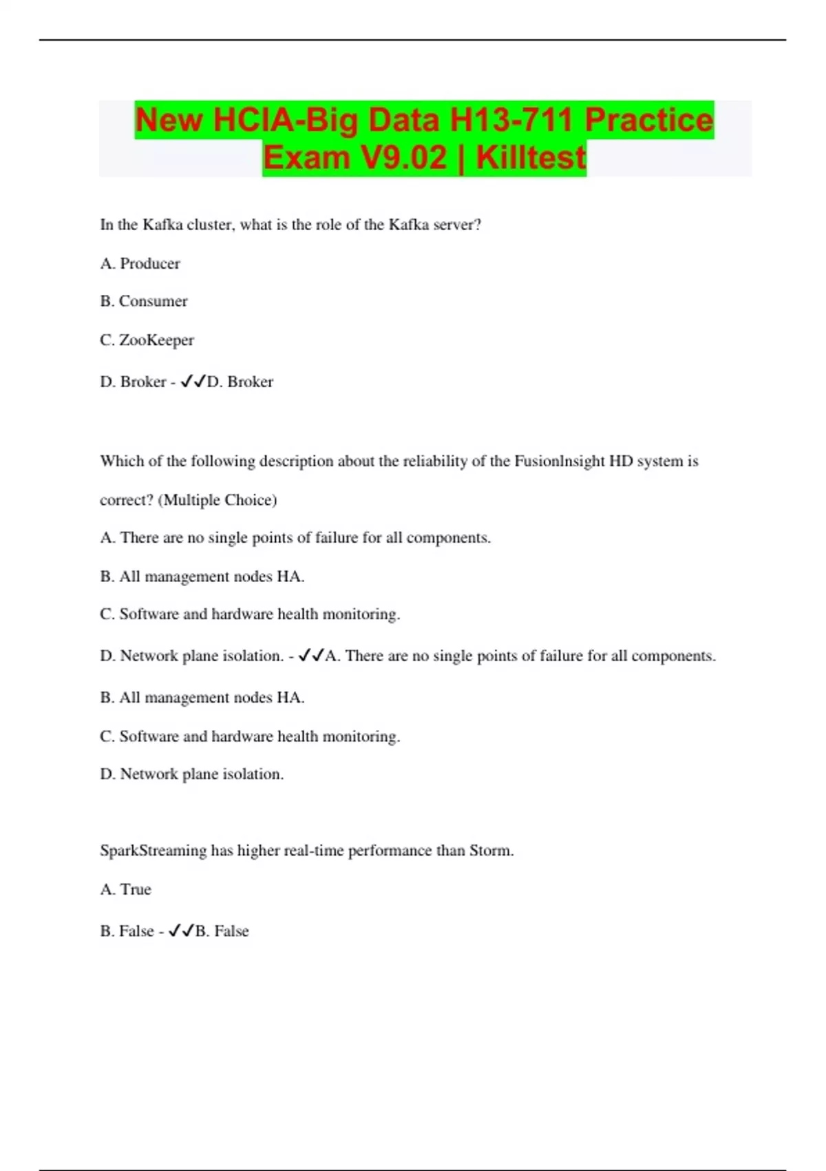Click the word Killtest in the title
531,158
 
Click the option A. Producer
140,263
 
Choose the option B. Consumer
144,301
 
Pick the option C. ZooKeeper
147,340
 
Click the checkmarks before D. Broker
193,381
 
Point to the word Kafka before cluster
162,225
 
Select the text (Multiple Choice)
218,499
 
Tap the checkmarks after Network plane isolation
311,656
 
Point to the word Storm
490,850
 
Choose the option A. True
126,889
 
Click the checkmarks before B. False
181,931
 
